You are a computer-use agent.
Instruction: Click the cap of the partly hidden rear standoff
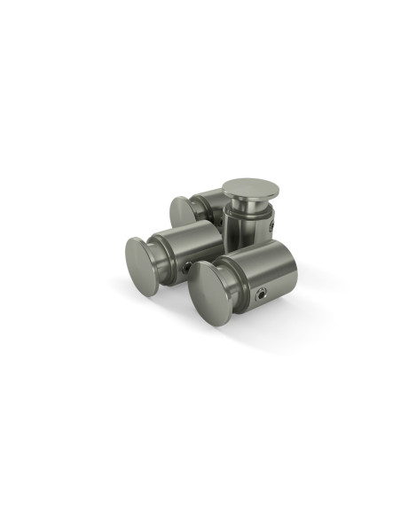click(181, 211)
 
